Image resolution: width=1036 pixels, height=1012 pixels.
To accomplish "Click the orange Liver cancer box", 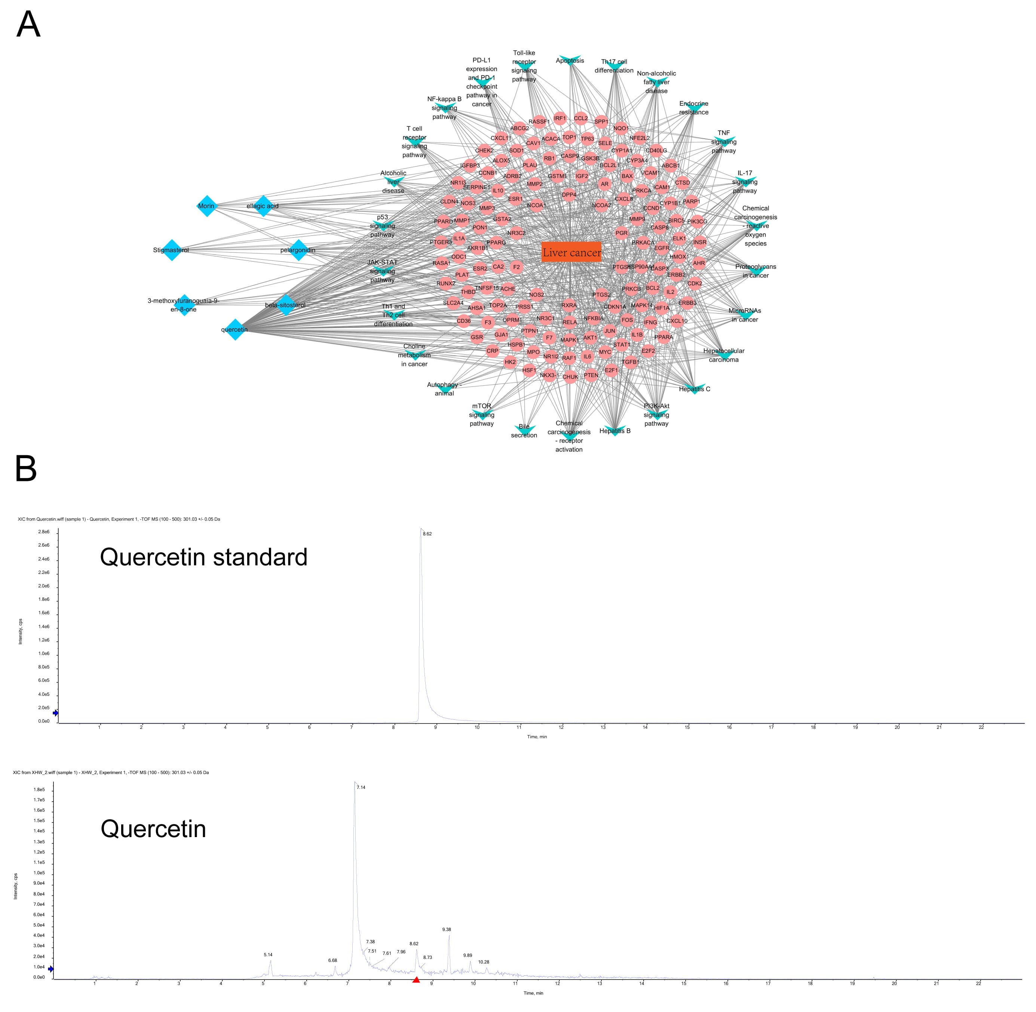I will [571, 253].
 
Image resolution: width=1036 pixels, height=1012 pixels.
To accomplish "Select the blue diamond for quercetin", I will [235, 330].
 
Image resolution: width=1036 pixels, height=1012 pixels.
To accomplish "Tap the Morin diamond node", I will [206, 206].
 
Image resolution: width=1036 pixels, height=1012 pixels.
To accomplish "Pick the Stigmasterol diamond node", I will [171, 250].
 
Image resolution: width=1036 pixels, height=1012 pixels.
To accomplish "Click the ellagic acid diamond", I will [263, 206].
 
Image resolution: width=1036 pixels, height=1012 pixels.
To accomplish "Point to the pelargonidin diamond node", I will [298, 250].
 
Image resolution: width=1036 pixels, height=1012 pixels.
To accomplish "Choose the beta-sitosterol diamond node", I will [286, 305].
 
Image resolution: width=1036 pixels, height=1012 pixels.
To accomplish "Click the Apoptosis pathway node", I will [570, 61].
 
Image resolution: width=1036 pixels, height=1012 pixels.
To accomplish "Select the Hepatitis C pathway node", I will [694, 389].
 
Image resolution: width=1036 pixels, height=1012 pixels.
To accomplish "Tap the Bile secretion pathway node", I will [524, 429].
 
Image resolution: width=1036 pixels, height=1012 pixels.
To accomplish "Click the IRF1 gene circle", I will [560, 118].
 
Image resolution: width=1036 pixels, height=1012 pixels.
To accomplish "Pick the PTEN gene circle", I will [591, 375].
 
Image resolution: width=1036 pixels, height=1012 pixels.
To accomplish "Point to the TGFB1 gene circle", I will [630, 362].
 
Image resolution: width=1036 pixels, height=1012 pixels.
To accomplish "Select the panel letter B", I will [26, 468].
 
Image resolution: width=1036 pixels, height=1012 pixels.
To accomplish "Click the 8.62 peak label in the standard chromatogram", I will [427, 534].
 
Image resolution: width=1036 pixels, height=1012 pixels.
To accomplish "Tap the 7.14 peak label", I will [361, 787].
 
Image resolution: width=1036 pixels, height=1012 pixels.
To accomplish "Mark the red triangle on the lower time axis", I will [416, 979].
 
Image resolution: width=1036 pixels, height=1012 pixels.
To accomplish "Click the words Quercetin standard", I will [204, 557].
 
